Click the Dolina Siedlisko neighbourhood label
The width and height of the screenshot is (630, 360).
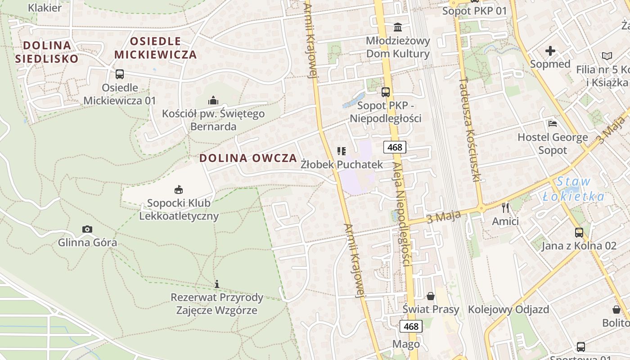click(x=47, y=51)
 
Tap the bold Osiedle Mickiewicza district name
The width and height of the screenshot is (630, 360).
click(x=155, y=48)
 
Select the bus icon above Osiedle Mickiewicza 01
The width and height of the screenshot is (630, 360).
click(x=120, y=74)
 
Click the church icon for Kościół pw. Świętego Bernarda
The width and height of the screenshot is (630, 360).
click(x=213, y=100)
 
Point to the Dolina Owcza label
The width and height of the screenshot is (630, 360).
click(x=248, y=158)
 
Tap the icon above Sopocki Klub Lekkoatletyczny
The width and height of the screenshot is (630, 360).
click(x=179, y=189)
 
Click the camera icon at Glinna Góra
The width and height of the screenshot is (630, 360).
click(x=87, y=229)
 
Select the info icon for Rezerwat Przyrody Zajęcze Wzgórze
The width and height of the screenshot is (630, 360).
click(x=217, y=284)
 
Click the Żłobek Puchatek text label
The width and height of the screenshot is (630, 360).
click(x=342, y=164)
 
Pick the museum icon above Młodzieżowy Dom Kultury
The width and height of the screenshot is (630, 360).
click(x=398, y=27)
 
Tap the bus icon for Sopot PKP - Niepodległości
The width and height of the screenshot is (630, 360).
click(x=386, y=92)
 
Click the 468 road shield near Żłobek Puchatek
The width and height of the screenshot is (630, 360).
click(x=395, y=147)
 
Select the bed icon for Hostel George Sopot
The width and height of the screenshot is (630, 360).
click(x=553, y=123)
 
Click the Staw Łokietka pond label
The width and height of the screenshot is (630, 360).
click(x=573, y=189)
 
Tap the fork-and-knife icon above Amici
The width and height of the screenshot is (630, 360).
click(x=505, y=207)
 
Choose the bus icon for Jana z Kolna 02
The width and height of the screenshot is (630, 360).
click(x=579, y=233)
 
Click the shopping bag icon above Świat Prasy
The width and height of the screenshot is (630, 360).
click(x=431, y=296)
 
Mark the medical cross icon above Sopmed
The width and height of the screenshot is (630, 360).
click(x=550, y=51)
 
